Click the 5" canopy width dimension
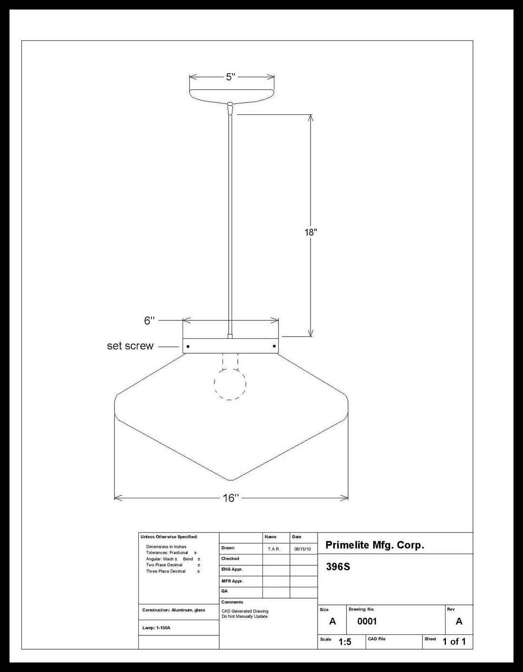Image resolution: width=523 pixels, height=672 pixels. pos(231,77)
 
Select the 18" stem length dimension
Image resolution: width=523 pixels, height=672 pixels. pos(310,232)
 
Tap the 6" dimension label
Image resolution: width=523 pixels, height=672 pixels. pos(150,321)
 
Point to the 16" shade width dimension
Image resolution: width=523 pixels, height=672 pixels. pos(231,498)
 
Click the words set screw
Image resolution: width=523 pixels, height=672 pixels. pos(130,346)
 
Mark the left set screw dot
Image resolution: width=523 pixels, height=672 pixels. pos(188,346)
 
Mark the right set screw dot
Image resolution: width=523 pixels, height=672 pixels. pos(274,346)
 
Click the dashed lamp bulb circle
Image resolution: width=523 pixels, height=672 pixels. pos(230,383)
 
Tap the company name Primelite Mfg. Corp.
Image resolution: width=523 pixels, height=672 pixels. pos(375,545)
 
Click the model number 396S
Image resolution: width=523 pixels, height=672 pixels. pos(338,567)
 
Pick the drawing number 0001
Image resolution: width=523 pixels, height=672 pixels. pos(367,621)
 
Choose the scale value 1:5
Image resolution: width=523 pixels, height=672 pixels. pos(345,642)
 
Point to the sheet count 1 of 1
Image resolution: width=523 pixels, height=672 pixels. pos(454,642)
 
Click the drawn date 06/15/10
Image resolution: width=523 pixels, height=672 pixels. pos(302,549)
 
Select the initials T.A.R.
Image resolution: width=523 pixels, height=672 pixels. pos(274,549)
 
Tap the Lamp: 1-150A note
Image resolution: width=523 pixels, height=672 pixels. pos(156,628)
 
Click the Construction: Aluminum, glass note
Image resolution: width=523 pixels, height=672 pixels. pos(174,610)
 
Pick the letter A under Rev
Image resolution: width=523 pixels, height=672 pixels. pos(459,621)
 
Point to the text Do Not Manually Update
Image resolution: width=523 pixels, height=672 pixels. pos(244,616)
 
